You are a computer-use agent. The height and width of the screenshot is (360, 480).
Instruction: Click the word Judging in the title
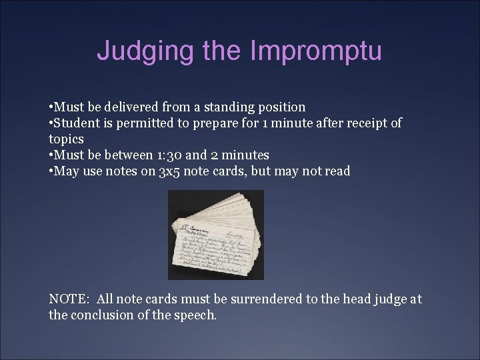click(137, 51)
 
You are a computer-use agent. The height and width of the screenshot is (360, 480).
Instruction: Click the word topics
click(66, 139)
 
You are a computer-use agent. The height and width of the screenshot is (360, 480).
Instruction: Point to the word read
click(337, 171)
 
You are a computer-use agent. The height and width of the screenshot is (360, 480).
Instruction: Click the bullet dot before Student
click(51, 123)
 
